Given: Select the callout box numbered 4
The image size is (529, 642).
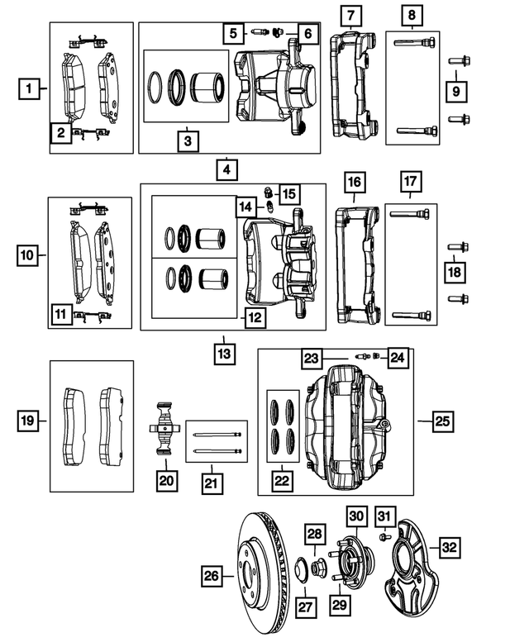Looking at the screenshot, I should [225, 171].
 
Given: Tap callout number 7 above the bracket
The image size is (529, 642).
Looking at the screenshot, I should [351, 16].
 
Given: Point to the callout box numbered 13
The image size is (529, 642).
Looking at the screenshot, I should [223, 354].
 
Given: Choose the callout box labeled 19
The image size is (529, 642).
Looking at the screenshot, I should [28, 421].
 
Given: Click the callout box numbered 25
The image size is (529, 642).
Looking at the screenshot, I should [442, 421].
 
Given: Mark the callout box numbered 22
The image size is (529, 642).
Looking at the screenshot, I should [283, 479].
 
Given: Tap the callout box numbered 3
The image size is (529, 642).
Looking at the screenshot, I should [188, 141].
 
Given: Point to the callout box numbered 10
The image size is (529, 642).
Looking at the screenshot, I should [28, 256].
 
